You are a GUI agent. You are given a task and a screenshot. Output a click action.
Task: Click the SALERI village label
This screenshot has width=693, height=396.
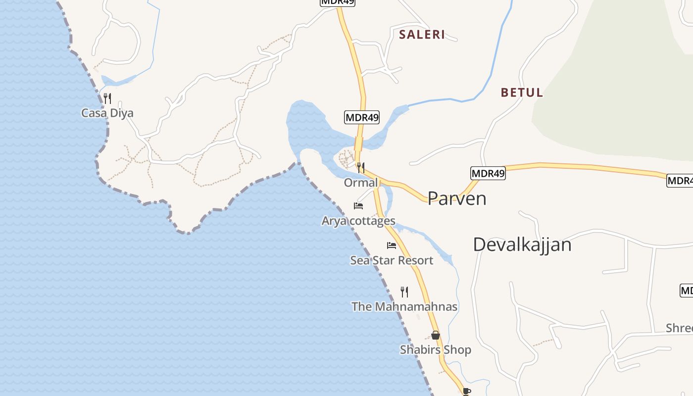pos(422,35)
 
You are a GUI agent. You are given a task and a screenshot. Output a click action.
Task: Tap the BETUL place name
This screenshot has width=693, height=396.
pos(522,93)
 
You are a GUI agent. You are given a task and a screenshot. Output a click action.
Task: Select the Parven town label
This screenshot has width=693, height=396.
pos(457,198)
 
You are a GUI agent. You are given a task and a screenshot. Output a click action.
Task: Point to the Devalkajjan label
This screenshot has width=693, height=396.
pos(522,245)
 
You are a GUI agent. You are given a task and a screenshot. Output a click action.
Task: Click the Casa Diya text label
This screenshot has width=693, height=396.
pos(107,113)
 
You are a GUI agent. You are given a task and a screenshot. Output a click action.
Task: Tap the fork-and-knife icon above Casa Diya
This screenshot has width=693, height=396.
pos(107,98)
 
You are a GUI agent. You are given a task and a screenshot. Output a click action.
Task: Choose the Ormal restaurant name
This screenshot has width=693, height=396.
pos(361,183)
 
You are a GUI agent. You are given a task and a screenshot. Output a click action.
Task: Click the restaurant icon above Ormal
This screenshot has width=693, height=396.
pos(361,167)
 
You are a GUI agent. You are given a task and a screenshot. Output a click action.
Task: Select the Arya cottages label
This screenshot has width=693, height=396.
pos(358,221)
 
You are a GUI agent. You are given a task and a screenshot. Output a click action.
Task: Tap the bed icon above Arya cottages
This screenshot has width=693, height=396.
pos(358,205)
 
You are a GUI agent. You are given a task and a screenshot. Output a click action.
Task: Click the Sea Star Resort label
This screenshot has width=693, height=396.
pos(392,260)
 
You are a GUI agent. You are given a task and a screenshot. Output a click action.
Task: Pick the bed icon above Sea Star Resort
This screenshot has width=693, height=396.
pos(392,245)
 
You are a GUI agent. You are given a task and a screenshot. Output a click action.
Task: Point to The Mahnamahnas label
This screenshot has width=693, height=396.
pos(404,307)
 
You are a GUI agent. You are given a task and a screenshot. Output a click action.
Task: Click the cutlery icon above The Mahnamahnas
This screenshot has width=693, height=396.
pos(404,292)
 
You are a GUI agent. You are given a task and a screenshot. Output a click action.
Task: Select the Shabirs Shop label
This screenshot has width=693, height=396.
pos(436,350)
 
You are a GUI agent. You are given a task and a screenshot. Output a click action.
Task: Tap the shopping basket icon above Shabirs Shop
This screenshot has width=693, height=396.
pos(436,335)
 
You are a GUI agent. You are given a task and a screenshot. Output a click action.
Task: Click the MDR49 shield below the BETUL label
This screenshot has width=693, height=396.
pos(488,173)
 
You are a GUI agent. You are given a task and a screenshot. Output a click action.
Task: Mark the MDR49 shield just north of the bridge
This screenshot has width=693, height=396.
pos(361,118)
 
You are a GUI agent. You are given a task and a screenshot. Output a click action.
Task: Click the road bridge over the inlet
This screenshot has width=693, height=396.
pos(359,144)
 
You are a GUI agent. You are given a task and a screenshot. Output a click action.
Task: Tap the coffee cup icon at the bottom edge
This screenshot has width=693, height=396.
pos(466,392)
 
